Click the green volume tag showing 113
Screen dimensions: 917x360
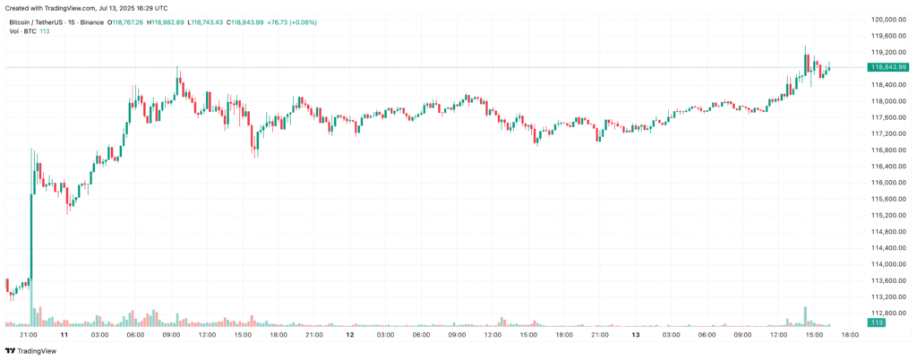pos(877,323)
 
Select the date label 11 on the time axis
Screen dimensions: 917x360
pos(64,335)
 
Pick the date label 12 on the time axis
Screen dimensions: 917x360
pos(350,335)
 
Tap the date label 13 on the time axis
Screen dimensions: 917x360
pos(635,335)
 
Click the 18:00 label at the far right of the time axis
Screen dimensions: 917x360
pos(850,335)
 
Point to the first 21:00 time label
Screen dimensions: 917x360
pos(29,335)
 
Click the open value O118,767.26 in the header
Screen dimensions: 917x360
pos(124,22)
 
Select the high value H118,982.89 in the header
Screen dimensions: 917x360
pos(165,22)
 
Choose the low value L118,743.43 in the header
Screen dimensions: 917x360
pos(206,22)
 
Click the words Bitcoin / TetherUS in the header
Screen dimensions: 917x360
pos(35,22)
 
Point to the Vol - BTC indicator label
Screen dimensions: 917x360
pos(22,31)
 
